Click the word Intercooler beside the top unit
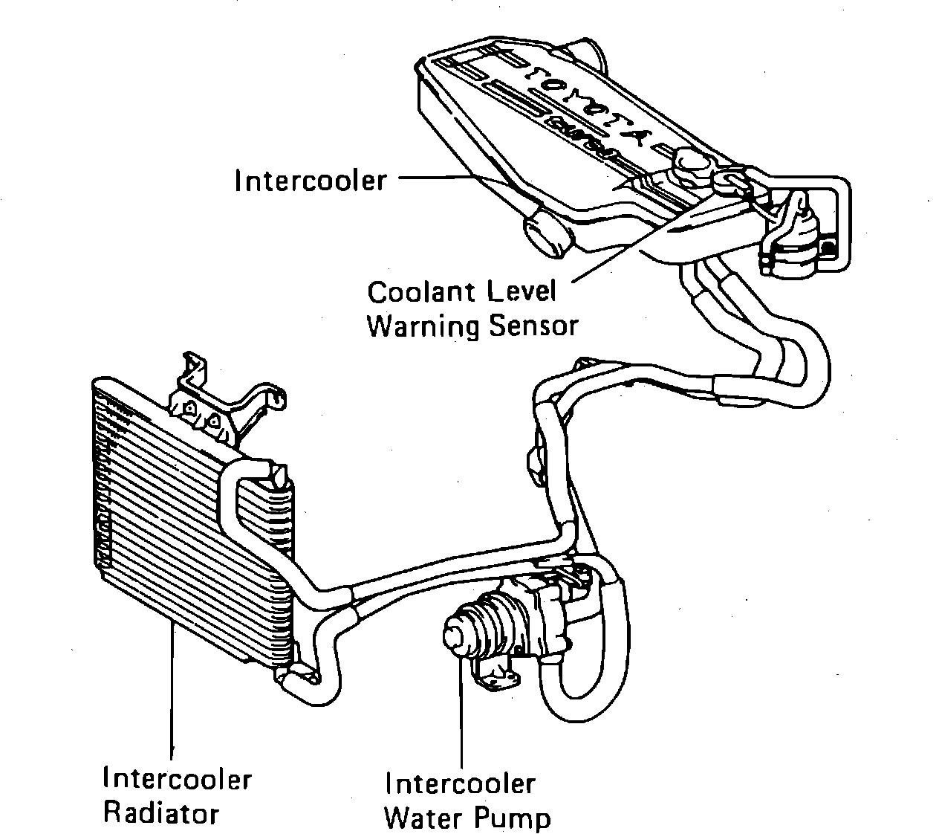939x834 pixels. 311,181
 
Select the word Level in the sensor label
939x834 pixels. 521,292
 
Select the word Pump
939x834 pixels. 514,819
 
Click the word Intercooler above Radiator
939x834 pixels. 178,778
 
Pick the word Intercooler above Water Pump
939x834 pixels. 460,783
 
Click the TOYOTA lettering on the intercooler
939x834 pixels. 587,104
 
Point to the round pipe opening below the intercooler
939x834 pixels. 548,236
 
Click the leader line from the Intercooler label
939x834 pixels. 438,178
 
